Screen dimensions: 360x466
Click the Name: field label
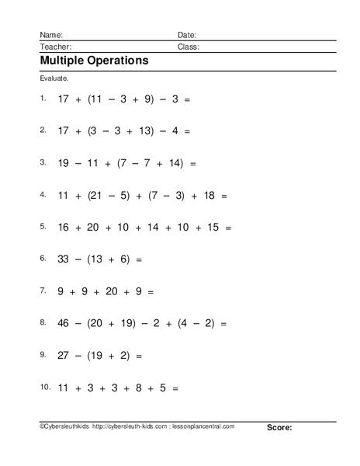51,35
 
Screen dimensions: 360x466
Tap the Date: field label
187,35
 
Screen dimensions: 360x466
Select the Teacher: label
55,47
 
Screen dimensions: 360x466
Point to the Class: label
189,47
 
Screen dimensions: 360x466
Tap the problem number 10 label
43,388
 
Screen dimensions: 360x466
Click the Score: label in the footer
279,449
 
